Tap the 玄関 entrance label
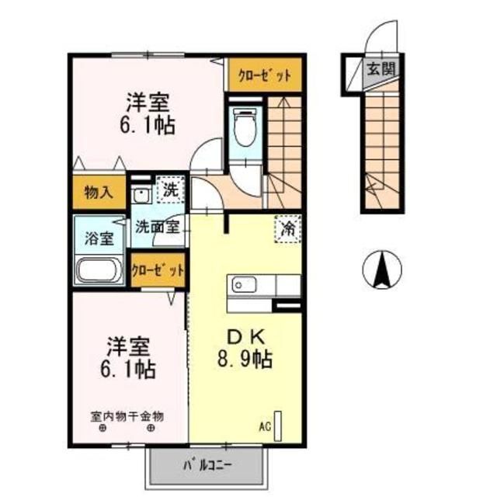(380, 68)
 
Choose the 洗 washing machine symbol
(169, 188)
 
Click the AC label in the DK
(265, 426)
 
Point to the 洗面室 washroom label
(158, 228)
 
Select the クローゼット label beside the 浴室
(158, 270)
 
